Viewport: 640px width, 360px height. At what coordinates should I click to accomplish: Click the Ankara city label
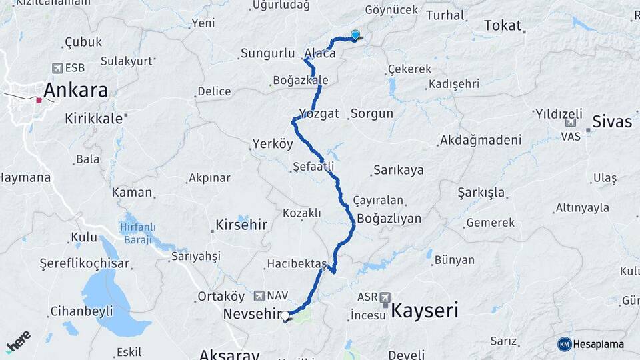pos(75,90)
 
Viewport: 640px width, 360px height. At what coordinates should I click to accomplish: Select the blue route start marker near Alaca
pos(355,35)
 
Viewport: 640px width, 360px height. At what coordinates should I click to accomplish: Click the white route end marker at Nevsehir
pos(285,316)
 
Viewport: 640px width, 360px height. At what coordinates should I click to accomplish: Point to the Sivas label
pos(613,122)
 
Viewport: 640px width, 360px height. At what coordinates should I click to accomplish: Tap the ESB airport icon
pos(57,68)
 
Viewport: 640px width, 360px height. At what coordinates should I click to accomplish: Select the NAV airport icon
pos(259,295)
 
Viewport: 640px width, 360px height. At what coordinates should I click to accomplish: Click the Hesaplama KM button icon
pos(564,344)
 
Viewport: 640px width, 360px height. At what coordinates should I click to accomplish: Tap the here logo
pos(18,341)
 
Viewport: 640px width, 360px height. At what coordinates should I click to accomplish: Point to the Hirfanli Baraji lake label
pos(137,233)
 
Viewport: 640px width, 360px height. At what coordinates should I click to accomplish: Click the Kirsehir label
pos(241,225)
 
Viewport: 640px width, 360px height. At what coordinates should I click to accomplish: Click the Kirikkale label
pos(94,119)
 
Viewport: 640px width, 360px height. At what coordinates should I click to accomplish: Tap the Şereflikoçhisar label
pos(75,263)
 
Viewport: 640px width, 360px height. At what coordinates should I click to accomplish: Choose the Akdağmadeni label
pos(479,141)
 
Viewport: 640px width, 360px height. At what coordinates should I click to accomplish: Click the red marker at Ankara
pos(39,101)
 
